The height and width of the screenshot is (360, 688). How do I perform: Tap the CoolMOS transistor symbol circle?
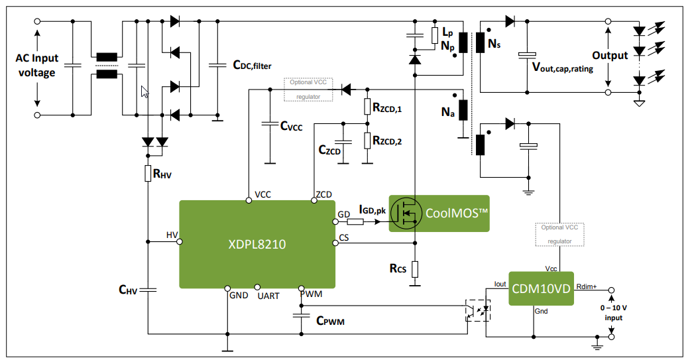click(x=406, y=213)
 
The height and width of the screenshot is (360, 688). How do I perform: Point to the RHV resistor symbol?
click(x=148, y=174)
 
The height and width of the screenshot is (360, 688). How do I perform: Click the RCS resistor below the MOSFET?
click(x=414, y=269)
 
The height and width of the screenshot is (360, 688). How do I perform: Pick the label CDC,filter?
click(x=252, y=65)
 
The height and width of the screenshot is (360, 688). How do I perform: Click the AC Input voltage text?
click(x=37, y=65)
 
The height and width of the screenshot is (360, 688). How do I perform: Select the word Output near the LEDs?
click(x=609, y=55)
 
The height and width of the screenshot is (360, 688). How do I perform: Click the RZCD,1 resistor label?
click(x=396, y=107)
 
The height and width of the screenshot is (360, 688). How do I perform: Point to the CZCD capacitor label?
click(x=329, y=151)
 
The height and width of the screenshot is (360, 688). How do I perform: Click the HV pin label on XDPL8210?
click(x=172, y=235)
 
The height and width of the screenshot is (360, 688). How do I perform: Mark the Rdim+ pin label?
click(x=586, y=286)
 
